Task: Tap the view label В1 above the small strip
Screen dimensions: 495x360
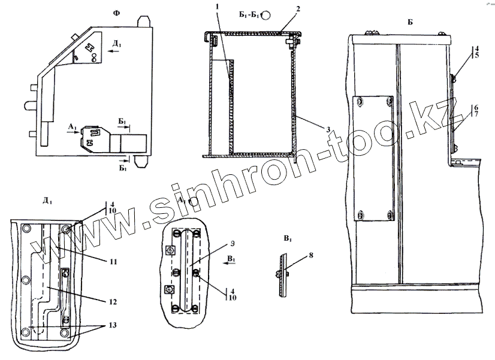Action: pos(288,238)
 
